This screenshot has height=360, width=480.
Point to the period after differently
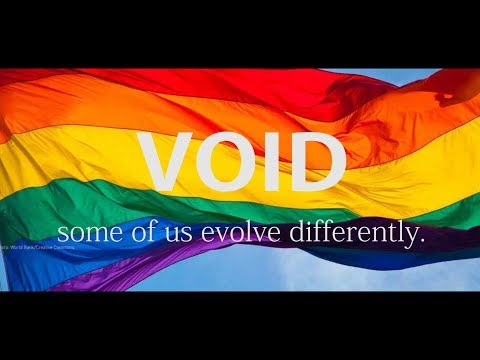422,240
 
